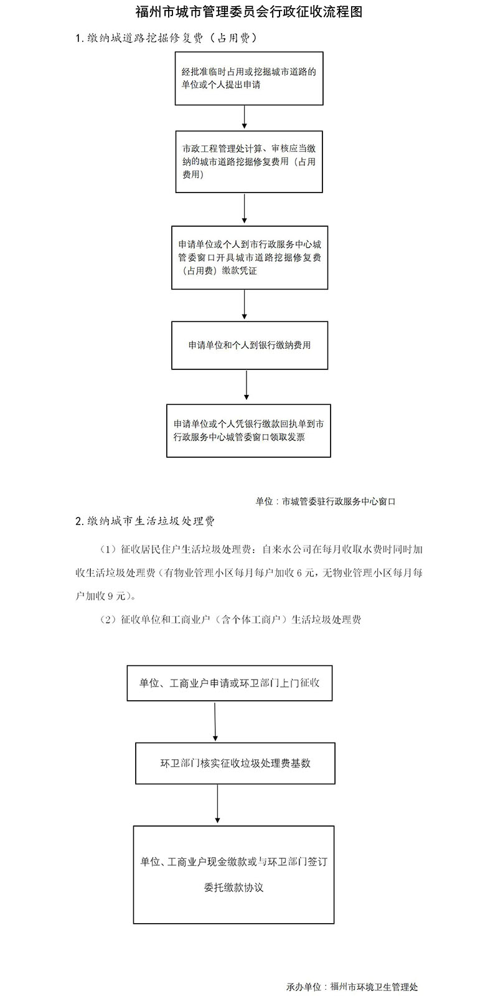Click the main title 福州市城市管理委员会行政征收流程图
249,12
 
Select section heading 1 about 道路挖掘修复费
166,39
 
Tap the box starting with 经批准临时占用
249,78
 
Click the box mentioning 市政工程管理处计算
249,161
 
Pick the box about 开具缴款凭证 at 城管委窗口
250,258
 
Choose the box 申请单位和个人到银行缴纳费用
250,346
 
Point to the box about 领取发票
248,431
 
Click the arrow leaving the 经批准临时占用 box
245,117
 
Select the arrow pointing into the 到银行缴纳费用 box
245,305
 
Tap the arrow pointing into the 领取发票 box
247,386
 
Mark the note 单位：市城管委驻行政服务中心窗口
325,501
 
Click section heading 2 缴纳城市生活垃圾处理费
145,521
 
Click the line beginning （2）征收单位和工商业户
230,620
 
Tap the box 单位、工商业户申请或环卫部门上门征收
230,683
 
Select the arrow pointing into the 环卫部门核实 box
215,722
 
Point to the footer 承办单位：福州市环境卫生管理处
352,987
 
